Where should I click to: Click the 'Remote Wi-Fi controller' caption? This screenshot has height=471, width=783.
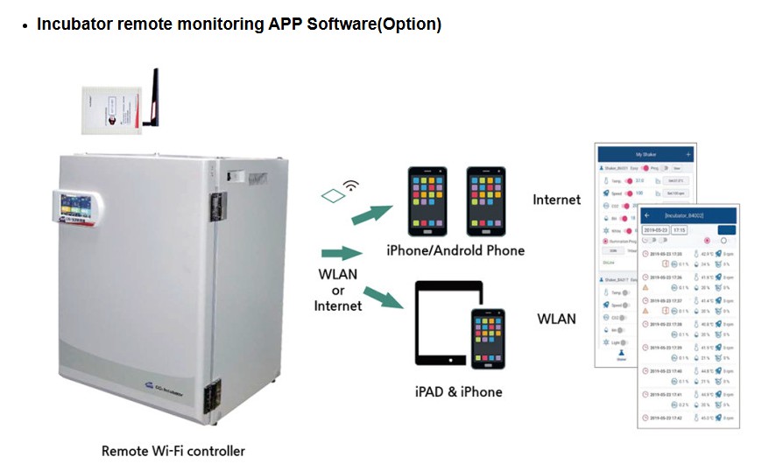(x=173, y=452)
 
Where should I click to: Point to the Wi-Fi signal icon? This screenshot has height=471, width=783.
(x=351, y=186)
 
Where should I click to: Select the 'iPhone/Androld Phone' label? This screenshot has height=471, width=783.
(x=455, y=251)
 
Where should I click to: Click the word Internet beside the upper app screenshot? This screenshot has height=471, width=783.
(x=556, y=200)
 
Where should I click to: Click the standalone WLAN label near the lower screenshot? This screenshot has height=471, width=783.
(x=556, y=319)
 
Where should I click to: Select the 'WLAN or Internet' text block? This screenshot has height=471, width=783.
(x=338, y=290)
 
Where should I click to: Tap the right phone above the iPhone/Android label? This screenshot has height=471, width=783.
(x=487, y=201)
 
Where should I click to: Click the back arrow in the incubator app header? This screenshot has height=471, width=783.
(x=648, y=214)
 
